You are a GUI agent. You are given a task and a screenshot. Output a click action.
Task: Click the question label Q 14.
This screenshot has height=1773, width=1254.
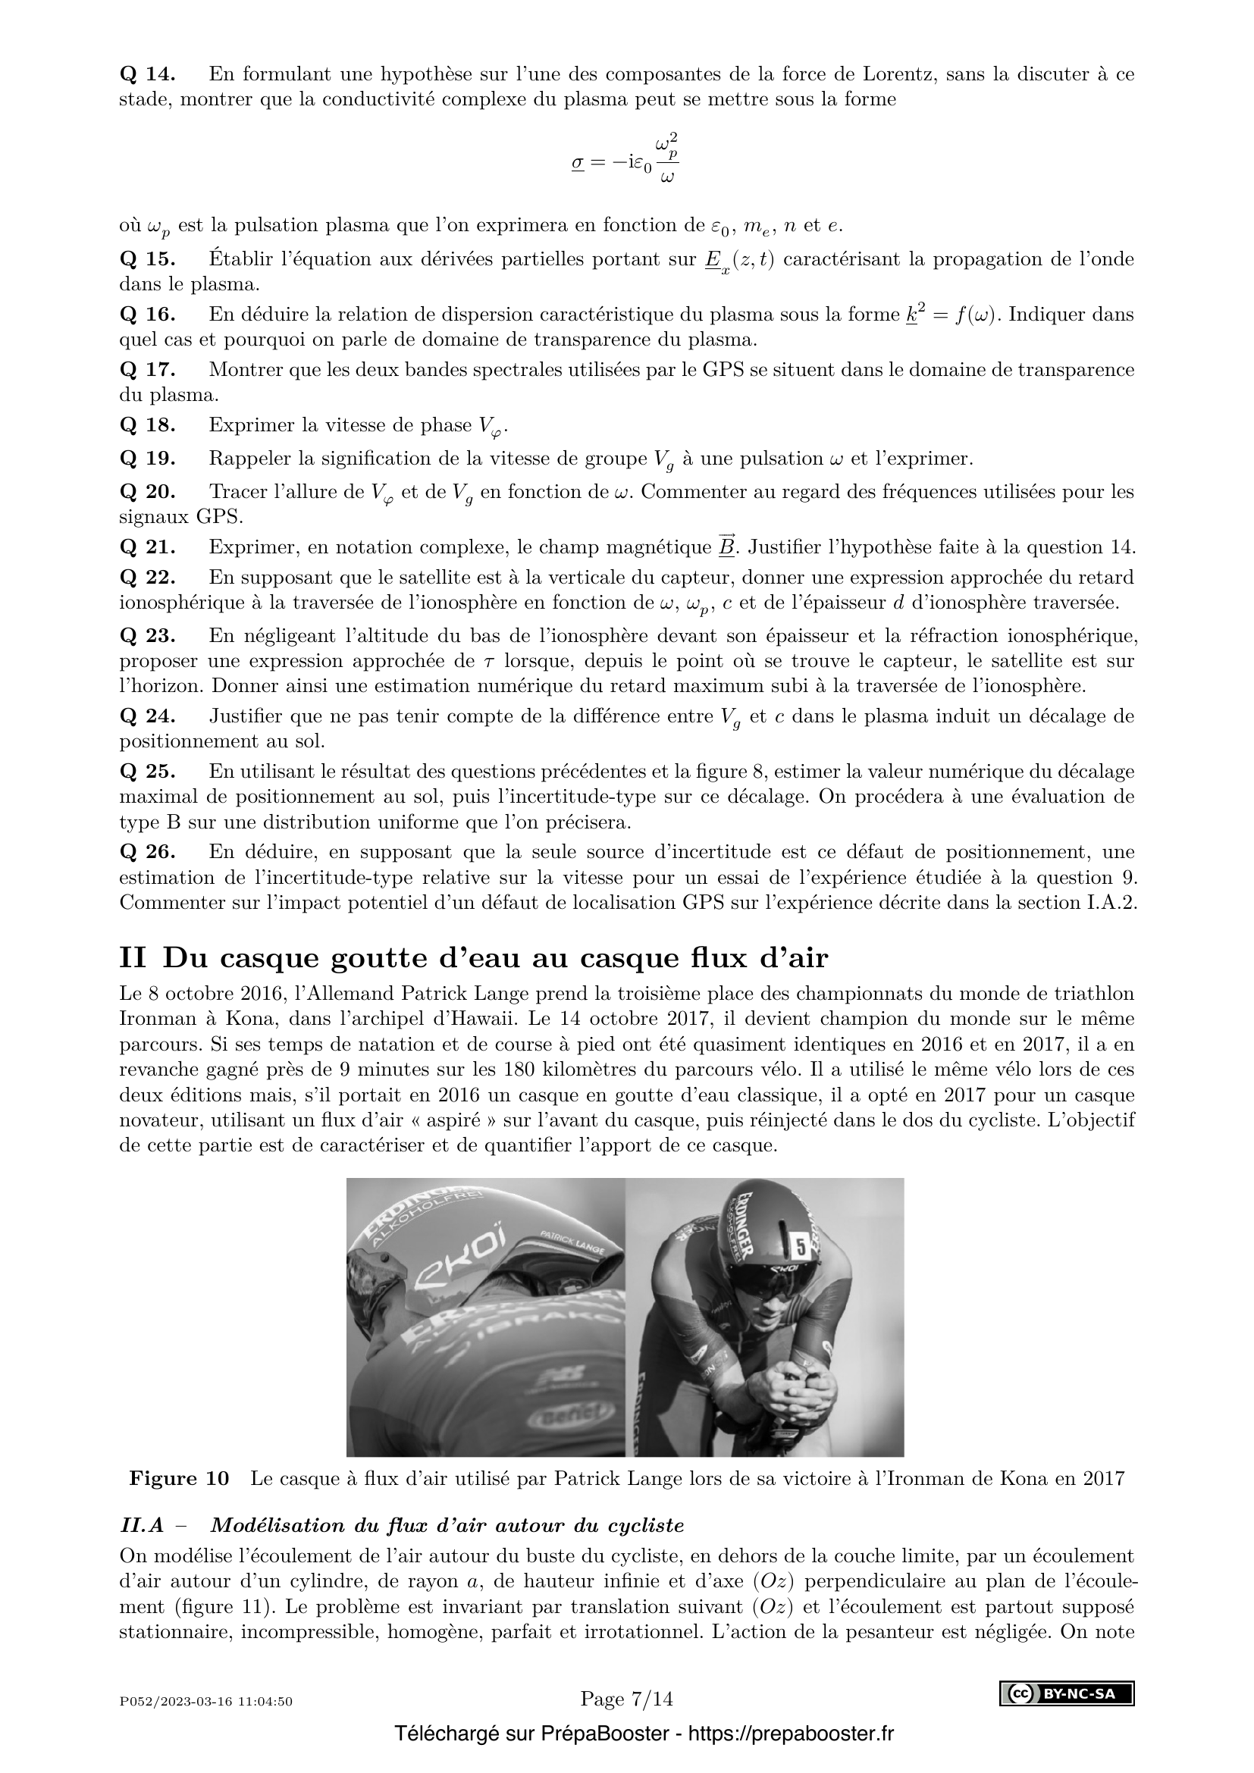148,74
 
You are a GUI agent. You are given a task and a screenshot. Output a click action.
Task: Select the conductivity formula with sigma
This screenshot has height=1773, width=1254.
625,161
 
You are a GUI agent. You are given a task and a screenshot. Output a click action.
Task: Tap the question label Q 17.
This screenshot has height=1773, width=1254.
148,370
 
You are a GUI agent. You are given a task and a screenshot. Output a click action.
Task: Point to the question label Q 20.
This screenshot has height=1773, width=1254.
148,492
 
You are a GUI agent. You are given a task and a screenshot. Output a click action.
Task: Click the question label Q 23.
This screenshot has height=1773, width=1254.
148,636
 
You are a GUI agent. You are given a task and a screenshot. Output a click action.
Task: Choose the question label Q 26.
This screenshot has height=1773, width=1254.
148,853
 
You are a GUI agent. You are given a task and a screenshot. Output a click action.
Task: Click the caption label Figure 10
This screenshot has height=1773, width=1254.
179,1478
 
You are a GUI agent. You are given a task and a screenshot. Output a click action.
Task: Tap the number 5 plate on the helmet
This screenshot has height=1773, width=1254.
801,1245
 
